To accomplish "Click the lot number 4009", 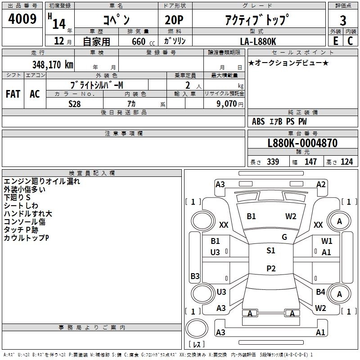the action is [x=22, y=18].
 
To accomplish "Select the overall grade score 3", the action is [x=343, y=20].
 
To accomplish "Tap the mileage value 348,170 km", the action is [x=53, y=64].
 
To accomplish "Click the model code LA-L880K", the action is [x=258, y=41].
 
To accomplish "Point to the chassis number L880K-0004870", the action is [x=302, y=143].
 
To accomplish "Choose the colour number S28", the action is [x=75, y=104].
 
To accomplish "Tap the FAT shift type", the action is [x=13, y=94].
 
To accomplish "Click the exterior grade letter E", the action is [x=335, y=41].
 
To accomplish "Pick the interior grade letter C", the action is [x=350, y=41].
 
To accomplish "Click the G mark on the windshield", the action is [x=284, y=237].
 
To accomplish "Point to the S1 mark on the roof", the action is [x=271, y=251].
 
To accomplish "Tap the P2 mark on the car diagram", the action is [x=271, y=268].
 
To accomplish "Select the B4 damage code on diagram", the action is [x=320, y=292].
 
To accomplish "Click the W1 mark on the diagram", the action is [x=327, y=241].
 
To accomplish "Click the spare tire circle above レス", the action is [x=197, y=328].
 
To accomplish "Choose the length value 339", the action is [x=273, y=162].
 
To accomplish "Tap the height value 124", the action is [x=346, y=162].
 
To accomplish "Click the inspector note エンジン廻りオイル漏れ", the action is [x=42, y=181].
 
